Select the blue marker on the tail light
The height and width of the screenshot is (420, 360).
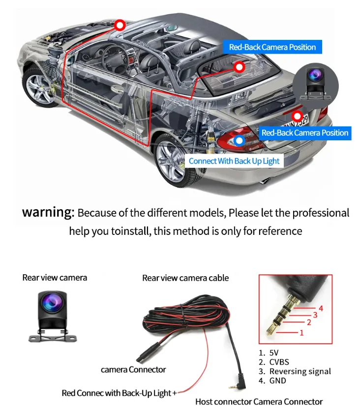239,140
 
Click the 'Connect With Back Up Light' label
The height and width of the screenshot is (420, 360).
234,161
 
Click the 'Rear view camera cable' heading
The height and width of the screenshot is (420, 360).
185,278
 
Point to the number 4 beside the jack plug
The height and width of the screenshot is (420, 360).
321,308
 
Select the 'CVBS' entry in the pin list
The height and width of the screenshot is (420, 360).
278,362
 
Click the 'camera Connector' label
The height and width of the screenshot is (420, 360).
133,369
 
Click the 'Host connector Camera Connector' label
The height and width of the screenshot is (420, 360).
259,402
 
